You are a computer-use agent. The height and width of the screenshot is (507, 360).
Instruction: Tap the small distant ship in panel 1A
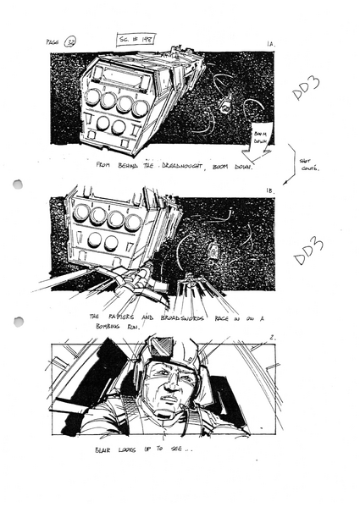(224, 104)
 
